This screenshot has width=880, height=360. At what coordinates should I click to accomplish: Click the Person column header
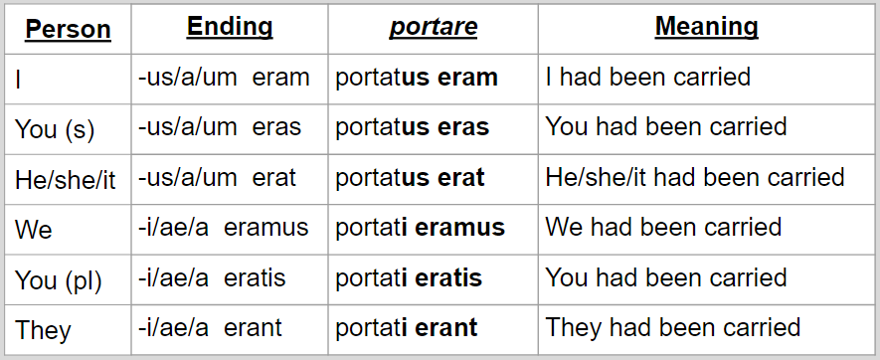pyautogui.click(x=68, y=29)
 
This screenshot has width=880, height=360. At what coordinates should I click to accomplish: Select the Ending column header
pyautogui.click(x=230, y=27)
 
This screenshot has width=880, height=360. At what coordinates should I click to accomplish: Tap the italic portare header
pyautogui.click(x=434, y=27)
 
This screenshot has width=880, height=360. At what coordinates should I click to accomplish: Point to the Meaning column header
pyautogui.click(x=706, y=27)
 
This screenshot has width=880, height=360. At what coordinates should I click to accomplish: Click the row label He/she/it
pyautogui.click(x=65, y=180)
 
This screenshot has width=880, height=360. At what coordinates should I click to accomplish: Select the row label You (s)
pyautogui.click(x=56, y=129)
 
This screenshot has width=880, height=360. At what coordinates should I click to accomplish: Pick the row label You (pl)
pyautogui.click(x=59, y=280)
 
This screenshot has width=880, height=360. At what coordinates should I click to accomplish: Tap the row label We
pyautogui.click(x=34, y=230)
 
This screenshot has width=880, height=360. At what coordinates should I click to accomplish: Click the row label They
pyautogui.click(x=43, y=330)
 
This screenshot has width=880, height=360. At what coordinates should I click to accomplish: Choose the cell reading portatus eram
pyautogui.click(x=417, y=78)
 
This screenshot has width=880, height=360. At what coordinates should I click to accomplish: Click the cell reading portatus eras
pyautogui.click(x=413, y=128)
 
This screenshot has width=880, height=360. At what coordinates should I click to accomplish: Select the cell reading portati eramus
pyautogui.click(x=421, y=228)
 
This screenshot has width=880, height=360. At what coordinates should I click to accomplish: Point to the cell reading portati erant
pyautogui.click(x=407, y=327)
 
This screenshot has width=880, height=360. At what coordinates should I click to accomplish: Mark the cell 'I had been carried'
pyautogui.click(x=647, y=77)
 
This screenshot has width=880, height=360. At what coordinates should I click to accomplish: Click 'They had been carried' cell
pyautogui.click(x=673, y=327)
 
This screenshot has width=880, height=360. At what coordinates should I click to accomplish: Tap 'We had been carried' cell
pyautogui.click(x=663, y=228)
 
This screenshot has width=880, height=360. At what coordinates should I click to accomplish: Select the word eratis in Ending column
pyautogui.click(x=256, y=277)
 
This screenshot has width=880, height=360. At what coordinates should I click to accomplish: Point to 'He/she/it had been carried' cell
pyautogui.click(x=695, y=178)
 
